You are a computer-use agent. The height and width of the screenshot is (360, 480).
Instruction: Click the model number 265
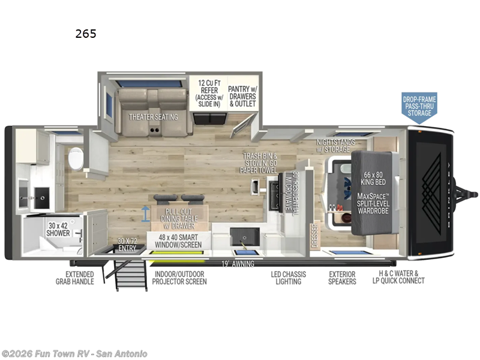coord(86,34)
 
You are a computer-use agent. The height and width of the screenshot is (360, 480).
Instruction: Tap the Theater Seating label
coord(154,117)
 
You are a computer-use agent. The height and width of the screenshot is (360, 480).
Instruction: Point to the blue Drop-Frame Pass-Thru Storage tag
coord(419,105)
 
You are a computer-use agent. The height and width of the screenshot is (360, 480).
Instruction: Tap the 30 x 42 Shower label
coord(59,229)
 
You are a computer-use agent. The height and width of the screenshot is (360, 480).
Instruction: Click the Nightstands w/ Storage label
coord(336,145)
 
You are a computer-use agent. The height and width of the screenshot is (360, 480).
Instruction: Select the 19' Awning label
coord(238,263)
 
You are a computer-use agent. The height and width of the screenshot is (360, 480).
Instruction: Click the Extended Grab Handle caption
coord(76,278)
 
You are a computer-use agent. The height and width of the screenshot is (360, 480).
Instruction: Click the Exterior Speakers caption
coord(342,278)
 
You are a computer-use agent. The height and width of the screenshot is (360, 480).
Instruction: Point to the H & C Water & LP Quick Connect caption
coord(398,278)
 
